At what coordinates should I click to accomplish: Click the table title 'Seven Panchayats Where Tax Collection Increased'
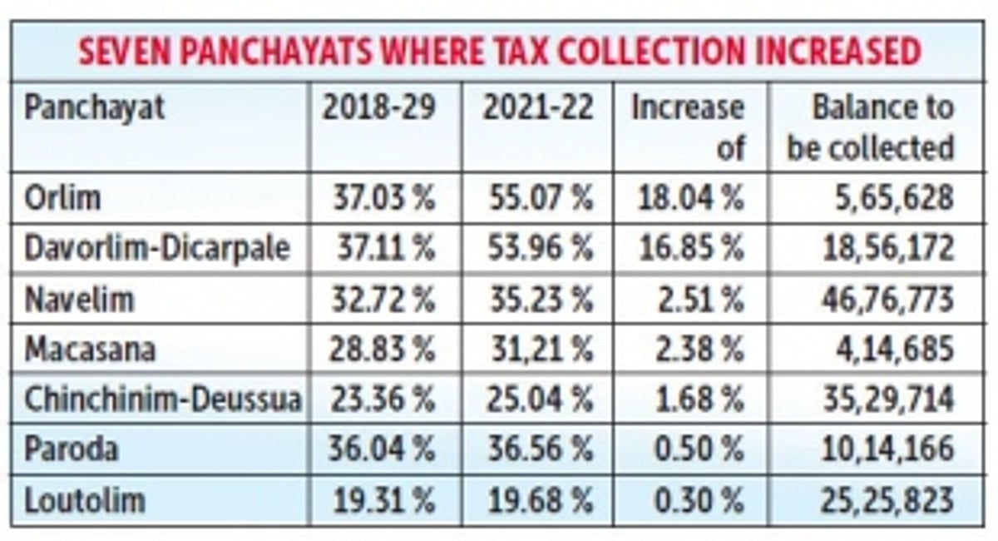tap(499, 52)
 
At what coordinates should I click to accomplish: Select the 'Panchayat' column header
tap(95, 108)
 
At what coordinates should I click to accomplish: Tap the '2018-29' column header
tap(379, 108)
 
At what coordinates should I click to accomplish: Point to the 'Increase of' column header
tap(687, 128)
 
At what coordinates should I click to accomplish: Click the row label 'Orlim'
tap(63, 198)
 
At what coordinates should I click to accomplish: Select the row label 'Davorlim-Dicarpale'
tap(157, 248)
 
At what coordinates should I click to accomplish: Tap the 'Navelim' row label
tap(79, 299)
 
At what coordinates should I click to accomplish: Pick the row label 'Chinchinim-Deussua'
tap(162, 400)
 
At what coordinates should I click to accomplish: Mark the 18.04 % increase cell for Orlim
tap(690, 198)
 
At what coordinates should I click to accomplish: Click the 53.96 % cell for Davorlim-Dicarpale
tap(540, 248)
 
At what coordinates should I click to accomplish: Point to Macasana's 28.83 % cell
tap(383, 350)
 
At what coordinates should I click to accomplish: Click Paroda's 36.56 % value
tap(540, 449)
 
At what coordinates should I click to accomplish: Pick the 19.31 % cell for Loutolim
tap(383, 500)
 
